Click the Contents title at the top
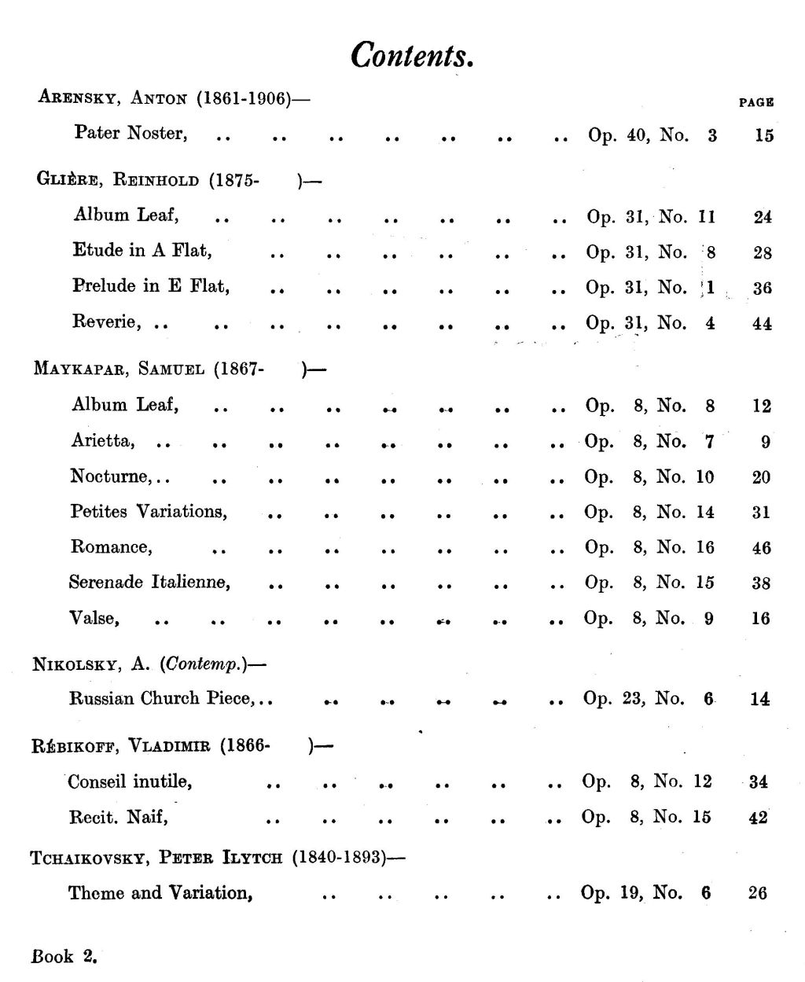[x=411, y=55]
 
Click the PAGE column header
[x=756, y=102]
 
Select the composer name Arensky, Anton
[x=112, y=99]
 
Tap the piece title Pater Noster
[x=130, y=133]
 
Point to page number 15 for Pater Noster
[x=764, y=135]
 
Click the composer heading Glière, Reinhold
[x=117, y=180]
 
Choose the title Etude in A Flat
[x=142, y=251]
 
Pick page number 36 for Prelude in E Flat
[x=762, y=289]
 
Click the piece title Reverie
[x=107, y=322]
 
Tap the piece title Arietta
[x=103, y=441]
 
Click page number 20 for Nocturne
[x=761, y=477]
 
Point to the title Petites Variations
[x=149, y=512]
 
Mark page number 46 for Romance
[x=761, y=548]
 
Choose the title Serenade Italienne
[x=149, y=583]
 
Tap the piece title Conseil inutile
[x=130, y=782]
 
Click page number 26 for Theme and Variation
[x=758, y=893]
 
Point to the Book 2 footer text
[x=64, y=957]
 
